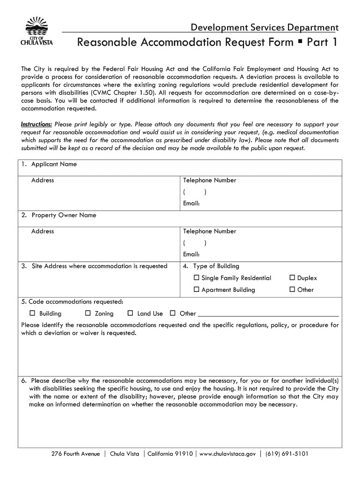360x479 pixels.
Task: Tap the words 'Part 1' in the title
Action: (x=321, y=43)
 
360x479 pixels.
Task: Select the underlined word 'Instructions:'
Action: (x=36, y=124)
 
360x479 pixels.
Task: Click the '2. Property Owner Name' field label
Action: (x=59, y=215)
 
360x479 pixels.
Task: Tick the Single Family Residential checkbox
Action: (x=197, y=278)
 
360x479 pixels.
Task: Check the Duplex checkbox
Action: (x=293, y=278)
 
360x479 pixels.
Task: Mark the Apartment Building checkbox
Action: (x=197, y=290)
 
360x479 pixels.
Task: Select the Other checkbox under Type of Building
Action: (x=293, y=290)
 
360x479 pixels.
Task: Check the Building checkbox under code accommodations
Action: (x=33, y=313)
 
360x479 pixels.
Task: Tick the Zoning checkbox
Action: (x=88, y=313)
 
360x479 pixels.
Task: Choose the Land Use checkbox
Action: (x=130, y=313)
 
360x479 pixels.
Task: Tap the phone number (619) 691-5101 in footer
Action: (x=287, y=454)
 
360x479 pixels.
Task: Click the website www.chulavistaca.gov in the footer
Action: (x=228, y=454)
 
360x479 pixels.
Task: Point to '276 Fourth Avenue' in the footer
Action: (x=76, y=454)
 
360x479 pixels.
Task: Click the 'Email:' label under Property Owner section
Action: (x=192, y=254)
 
